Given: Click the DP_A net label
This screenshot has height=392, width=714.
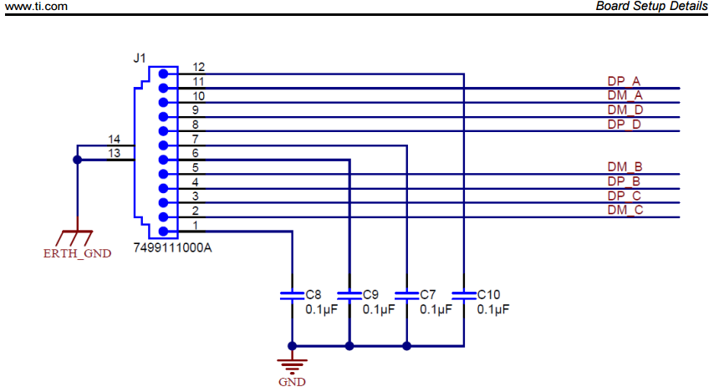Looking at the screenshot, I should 624,82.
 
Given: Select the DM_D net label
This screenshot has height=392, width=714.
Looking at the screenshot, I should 625,110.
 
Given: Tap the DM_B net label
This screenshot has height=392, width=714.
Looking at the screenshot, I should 625,167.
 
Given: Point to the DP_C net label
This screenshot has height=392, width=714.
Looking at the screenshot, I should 625,196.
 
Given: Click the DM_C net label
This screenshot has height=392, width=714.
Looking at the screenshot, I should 625,210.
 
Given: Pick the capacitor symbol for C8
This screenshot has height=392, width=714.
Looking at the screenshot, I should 292,294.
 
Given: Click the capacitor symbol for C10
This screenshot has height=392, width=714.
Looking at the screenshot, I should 463,294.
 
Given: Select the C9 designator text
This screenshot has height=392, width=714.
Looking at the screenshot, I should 371,295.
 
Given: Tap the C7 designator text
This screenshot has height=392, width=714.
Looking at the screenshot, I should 428,295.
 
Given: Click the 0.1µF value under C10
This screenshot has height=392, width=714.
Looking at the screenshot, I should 492,309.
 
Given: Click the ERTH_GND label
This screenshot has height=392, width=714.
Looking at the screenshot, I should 77,253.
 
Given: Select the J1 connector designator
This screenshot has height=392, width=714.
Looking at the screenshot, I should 140,58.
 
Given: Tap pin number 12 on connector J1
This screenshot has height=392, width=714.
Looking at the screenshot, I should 198,67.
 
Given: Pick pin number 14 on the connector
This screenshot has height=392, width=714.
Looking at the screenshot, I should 115,139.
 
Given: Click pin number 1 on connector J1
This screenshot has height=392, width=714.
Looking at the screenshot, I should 195,225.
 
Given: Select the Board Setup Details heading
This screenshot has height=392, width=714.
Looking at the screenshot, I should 651,7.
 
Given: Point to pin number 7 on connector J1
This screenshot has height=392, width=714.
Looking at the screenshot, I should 195,139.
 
